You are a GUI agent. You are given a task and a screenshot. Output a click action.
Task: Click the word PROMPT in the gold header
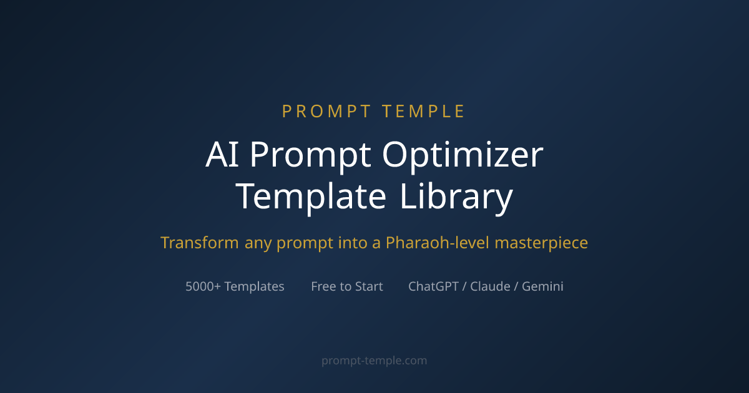pos(325,112)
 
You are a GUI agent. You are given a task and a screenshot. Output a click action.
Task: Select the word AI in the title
pos(222,155)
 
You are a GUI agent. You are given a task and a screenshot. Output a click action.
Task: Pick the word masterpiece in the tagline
pos(541,243)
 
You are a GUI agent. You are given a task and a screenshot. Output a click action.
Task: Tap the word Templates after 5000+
pos(254,286)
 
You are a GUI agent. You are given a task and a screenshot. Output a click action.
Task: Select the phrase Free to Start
pos(347,286)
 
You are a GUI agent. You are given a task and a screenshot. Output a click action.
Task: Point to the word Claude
pos(491,286)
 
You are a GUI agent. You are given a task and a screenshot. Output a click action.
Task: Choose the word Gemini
pos(542,286)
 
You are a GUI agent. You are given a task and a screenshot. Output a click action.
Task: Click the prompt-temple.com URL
pos(374,361)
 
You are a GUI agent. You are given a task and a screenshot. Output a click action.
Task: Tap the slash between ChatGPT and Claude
pos(464,286)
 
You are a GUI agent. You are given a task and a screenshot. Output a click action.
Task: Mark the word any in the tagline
pos(257,243)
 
